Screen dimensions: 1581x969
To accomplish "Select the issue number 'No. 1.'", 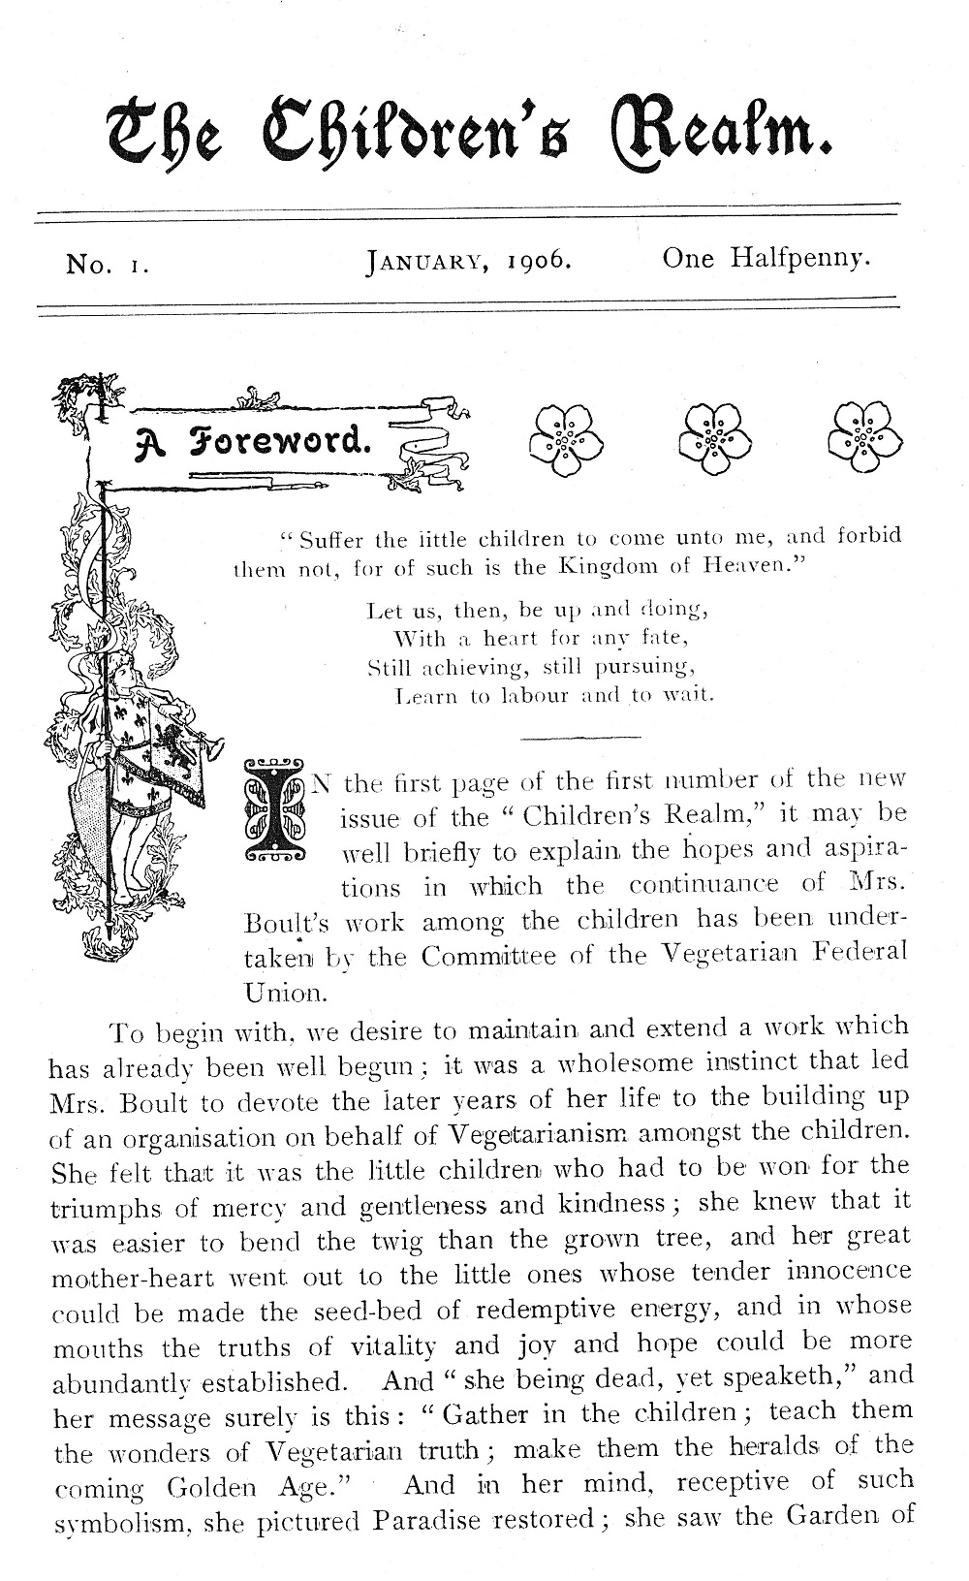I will click(x=107, y=264).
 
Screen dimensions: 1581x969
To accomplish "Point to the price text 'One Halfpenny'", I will click(x=766, y=259).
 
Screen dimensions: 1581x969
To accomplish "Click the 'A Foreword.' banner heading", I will click(x=254, y=442).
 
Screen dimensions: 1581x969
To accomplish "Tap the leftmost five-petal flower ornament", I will click(x=565, y=439).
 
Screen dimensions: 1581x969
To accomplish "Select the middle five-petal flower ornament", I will click(x=716, y=439).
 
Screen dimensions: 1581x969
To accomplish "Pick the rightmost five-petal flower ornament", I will click(x=864, y=439).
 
